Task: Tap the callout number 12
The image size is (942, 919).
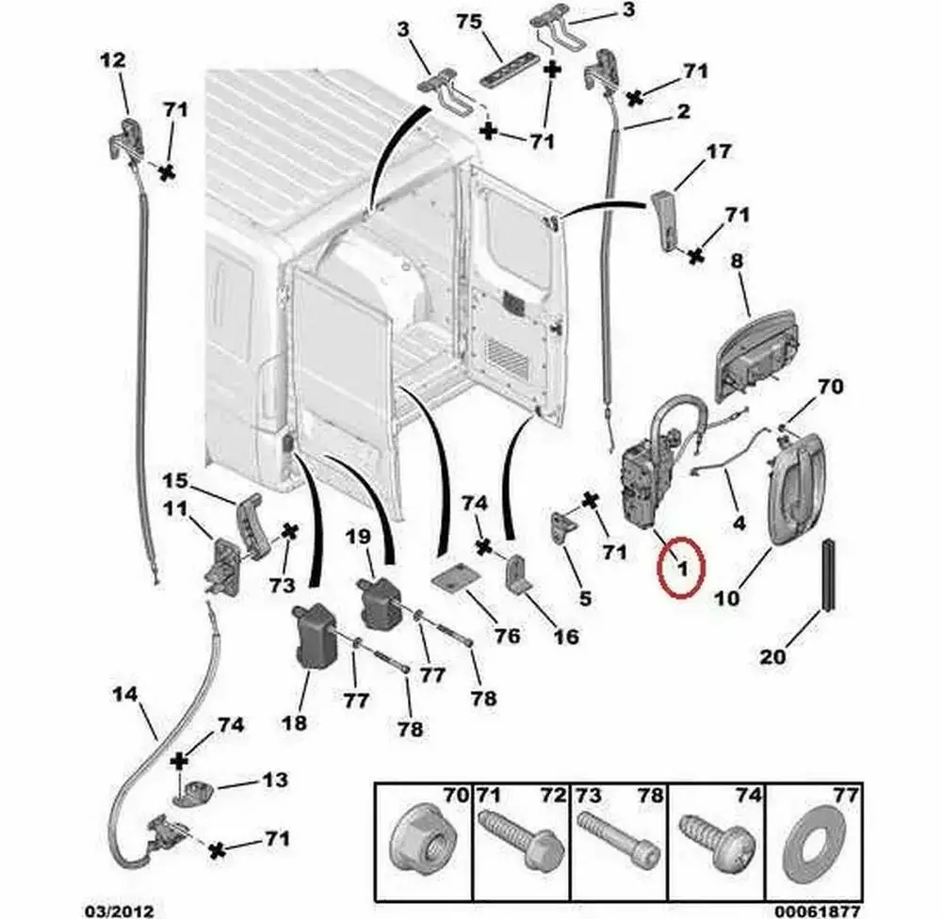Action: tap(111, 60)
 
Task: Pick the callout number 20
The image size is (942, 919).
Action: tap(772, 656)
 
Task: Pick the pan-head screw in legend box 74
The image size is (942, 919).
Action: tap(712, 837)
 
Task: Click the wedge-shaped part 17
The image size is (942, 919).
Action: tap(667, 218)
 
